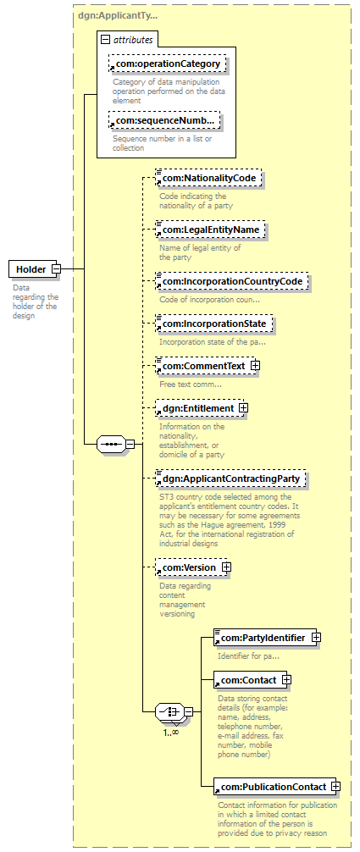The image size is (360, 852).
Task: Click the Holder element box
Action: pyautogui.click(x=34, y=268)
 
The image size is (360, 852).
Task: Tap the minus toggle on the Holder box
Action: pyautogui.click(x=56, y=268)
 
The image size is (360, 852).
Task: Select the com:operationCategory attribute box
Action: pyautogui.click(x=167, y=64)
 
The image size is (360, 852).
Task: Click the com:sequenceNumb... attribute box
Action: pyautogui.click(x=165, y=120)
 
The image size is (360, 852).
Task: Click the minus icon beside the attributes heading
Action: pyautogui.click(x=106, y=40)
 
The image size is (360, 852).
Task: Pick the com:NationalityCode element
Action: pyautogui.click(x=209, y=178)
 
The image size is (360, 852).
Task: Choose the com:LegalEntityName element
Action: pyautogui.click(x=210, y=230)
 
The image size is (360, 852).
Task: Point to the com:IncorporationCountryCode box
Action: pyautogui.click(x=231, y=281)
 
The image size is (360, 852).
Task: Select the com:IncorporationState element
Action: pyautogui.click(x=213, y=324)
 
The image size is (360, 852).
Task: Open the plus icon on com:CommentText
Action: pyautogui.click(x=255, y=366)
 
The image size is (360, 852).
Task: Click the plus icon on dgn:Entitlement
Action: pyautogui.click(x=244, y=407)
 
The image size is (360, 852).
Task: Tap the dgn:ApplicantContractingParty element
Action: pyautogui.click(x=230, y=479)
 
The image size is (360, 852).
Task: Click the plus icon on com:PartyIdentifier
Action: pyautogui.click(x=315, y=638)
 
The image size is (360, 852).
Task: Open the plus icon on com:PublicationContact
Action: pyautogui.click(x=336, y=786)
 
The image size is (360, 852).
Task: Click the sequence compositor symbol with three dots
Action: pyautogui.click(x=112, y=444)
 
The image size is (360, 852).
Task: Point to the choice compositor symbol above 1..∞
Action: pyautogui.click(x=170, y=711)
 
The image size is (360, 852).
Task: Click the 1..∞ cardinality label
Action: pyautogui.click(x=171, y=732)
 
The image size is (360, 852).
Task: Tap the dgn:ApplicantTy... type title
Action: pyautogui.click(x=118, y=16)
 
